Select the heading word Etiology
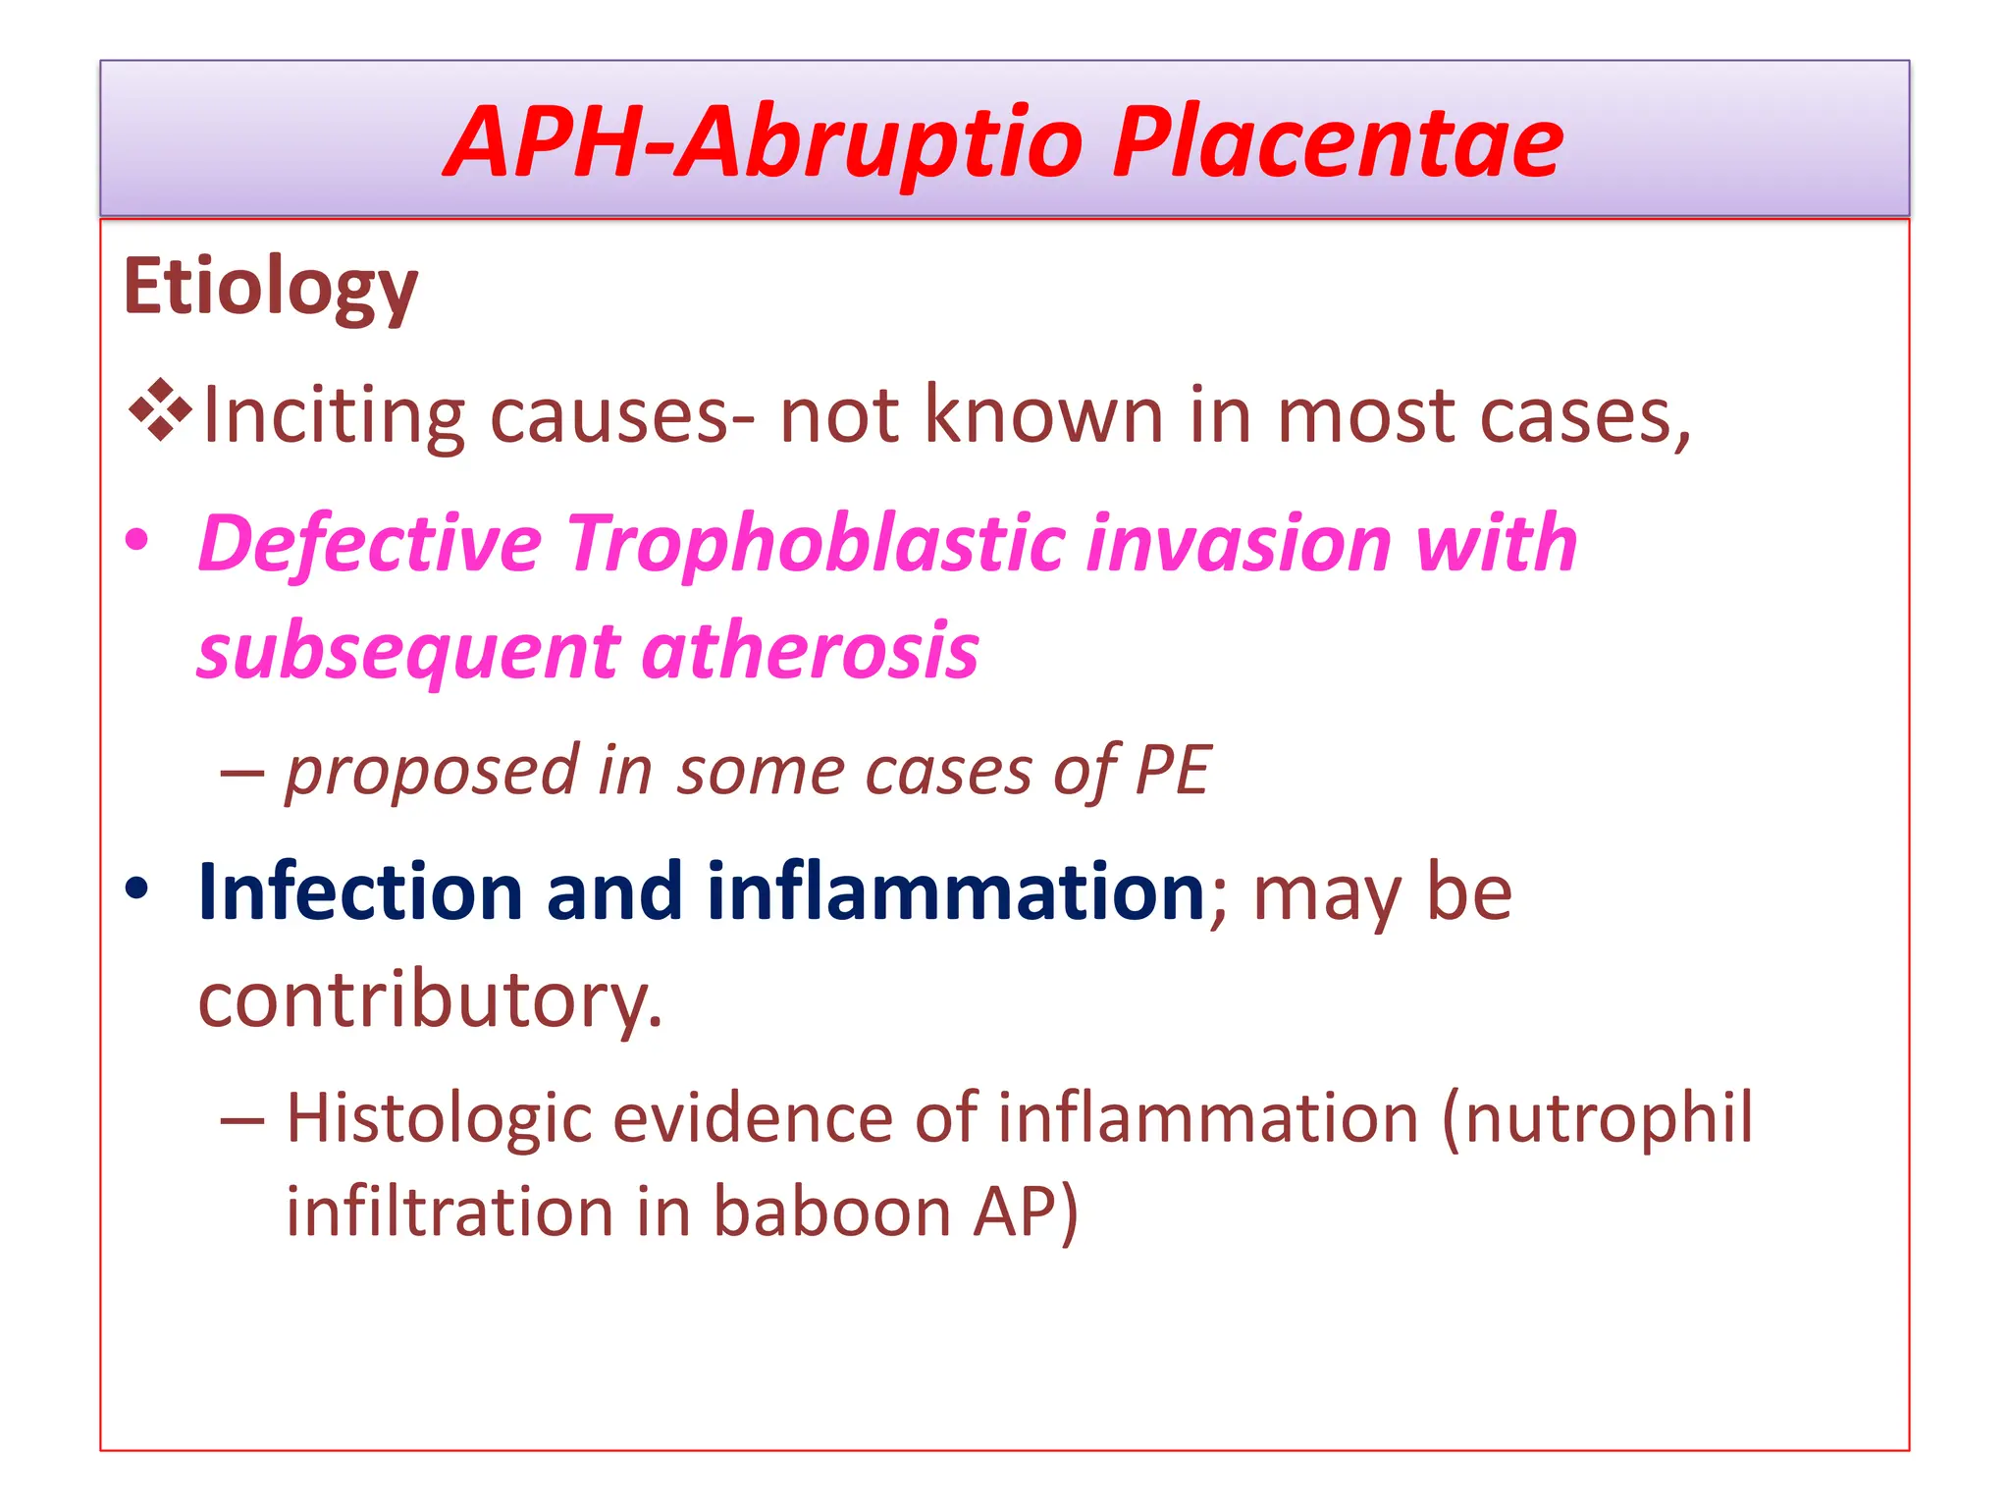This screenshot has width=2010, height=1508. [x=270, y=288]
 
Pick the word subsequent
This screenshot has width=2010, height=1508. [x=408, y=654]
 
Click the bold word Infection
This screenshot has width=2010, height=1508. [x=359, y=891]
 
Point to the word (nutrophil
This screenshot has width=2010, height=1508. [x=1597, y=1119]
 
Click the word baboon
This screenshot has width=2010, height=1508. [x=832, y=1212]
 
